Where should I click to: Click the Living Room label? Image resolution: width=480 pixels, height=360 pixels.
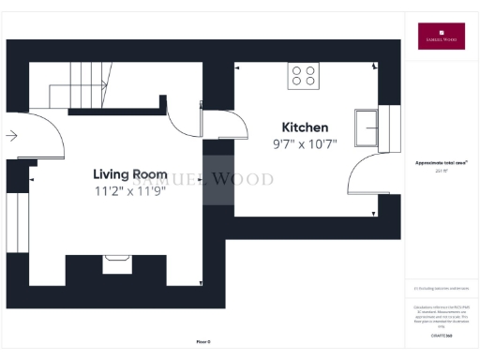[x=129, y=174]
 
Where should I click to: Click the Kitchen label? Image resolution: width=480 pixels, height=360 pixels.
[x=305, y=127]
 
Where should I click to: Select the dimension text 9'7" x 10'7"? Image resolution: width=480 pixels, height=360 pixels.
[x=305, y=143]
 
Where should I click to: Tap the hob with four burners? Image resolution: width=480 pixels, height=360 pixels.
[x=303, y=75]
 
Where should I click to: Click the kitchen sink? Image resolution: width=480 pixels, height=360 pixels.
[x=366, y=127]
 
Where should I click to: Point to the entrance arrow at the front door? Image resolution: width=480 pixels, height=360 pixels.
[x=11, y=136]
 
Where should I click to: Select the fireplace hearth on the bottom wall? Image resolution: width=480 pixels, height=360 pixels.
[x=117, y=263]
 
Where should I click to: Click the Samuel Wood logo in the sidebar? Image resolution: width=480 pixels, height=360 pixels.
[x=440, y=36]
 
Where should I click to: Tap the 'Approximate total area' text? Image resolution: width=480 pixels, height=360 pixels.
[x=440, y=162]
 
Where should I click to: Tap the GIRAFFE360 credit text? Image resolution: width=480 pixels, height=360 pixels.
[x=440, y=335]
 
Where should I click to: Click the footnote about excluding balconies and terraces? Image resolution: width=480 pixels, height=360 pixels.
[x=440, y=289]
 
